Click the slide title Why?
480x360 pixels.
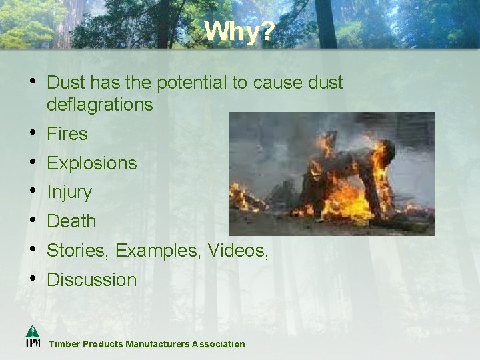pyautogui.click(x=239, y=31)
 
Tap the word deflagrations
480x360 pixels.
pyautogui.click(x=100, y=105)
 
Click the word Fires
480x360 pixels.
pyautogui.click(x=67, y=134)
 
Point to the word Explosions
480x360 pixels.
pyautogui.click(x=92, y=163)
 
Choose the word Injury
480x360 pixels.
pyautogui.click(x=69, y=193)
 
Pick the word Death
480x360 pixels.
pyautogui.click(x=71, y=221)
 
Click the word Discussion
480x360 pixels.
pyautogui.click(x=92, y=280)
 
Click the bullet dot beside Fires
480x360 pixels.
pyautogui.click(x=33, y=133)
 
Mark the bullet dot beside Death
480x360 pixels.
pyautogui.click(x=33, y=220)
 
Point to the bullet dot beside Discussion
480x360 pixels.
pyautogui.click(x=33, y=279)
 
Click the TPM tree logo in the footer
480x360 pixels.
pyautogui.click(x=33, y=336)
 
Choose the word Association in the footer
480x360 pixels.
pyautogui.click(x=219, y=344)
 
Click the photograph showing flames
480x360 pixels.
pyautogui.click(x=331, y=173)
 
